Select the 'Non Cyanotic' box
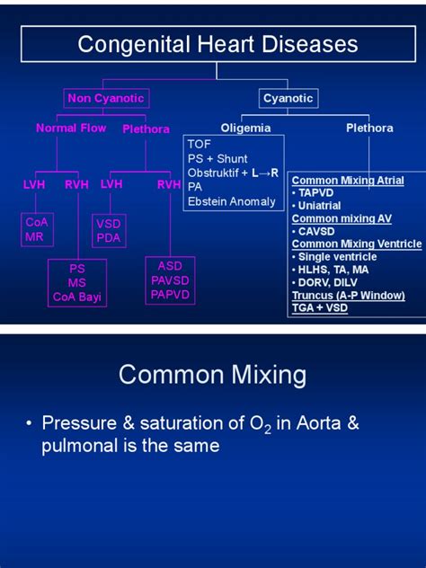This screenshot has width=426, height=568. point(105,98)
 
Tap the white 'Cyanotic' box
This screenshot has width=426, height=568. point(288,98)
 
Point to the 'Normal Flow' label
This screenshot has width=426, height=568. point(71,129)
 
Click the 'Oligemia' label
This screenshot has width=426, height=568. point(245,129)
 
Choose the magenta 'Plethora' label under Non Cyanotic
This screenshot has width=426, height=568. point(146,129)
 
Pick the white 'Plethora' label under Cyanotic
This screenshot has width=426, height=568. point(369,129)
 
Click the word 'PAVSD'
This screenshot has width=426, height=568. point(170,280)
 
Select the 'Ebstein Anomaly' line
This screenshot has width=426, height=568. point(232,201)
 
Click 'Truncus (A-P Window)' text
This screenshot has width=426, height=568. point(348,296)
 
